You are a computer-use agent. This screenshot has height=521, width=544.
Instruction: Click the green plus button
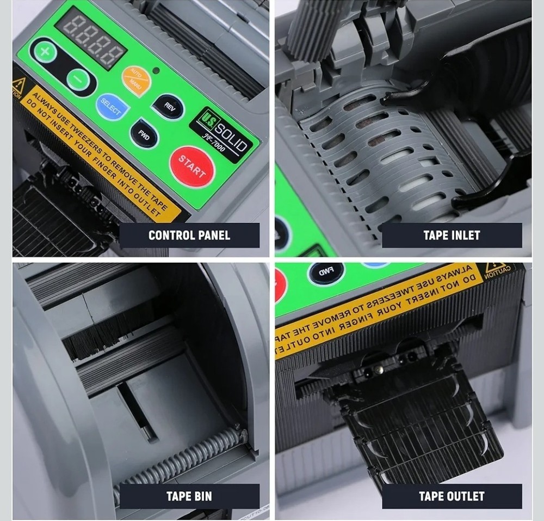46,53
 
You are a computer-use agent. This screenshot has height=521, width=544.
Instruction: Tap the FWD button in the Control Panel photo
144,134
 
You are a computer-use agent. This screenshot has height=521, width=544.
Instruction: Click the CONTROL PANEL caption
189,235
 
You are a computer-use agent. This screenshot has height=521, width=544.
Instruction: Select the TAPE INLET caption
452,235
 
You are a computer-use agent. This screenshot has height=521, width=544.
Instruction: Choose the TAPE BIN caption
189,496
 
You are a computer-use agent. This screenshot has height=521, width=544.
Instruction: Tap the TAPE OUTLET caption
452,496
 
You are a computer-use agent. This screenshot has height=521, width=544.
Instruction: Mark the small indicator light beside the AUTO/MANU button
157,70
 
